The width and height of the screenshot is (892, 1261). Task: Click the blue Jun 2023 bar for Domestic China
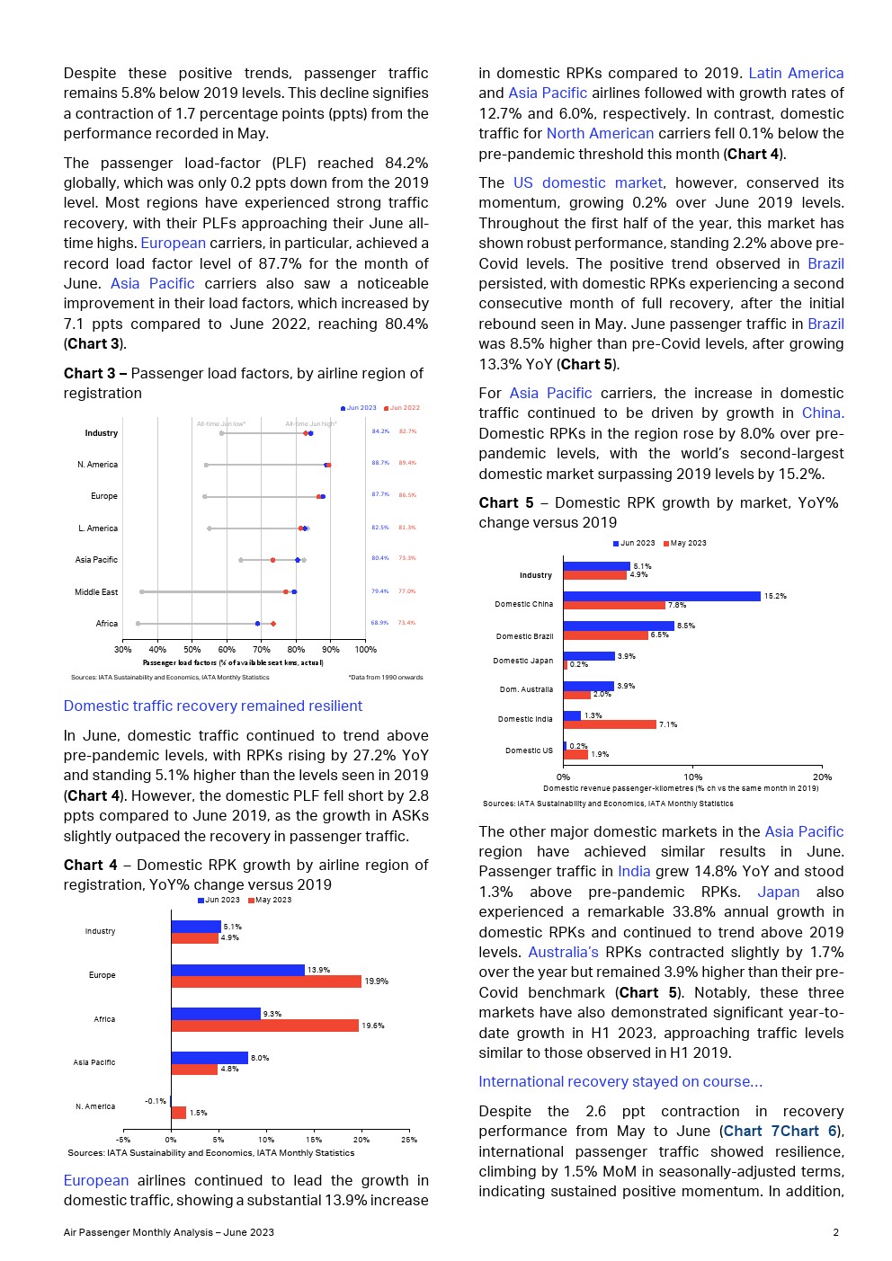662,596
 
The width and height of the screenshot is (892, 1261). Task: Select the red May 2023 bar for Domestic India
610,724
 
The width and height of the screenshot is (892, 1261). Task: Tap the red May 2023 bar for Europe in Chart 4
266,981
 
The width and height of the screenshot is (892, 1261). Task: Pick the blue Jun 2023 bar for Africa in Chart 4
216,1014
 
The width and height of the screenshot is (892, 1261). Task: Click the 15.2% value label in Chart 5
775,596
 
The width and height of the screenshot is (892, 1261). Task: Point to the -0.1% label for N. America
156,1101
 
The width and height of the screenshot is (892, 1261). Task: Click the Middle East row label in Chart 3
96,592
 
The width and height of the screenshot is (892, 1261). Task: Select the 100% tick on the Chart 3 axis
366,649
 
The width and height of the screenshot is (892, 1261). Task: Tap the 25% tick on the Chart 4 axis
409,1140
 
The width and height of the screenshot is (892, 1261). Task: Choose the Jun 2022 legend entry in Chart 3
404,408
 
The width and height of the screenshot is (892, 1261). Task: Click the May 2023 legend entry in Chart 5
688,543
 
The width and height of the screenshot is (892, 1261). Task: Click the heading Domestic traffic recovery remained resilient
213,706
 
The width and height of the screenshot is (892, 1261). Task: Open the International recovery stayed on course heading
620,1081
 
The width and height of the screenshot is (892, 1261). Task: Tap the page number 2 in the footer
835,1232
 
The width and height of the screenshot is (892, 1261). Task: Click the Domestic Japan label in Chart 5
523,661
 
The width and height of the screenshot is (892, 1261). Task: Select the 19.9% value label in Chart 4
376,981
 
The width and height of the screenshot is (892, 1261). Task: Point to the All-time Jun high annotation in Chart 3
310,423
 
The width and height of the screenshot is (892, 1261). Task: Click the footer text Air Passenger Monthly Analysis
168,1232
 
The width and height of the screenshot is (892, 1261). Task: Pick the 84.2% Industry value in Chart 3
380,431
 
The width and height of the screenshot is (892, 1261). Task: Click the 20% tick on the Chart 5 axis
822,777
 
